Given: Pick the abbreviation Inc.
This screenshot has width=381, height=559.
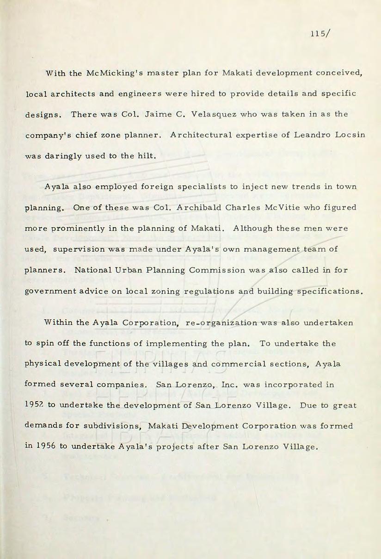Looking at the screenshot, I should pyautogui.click(x=221, y=385).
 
